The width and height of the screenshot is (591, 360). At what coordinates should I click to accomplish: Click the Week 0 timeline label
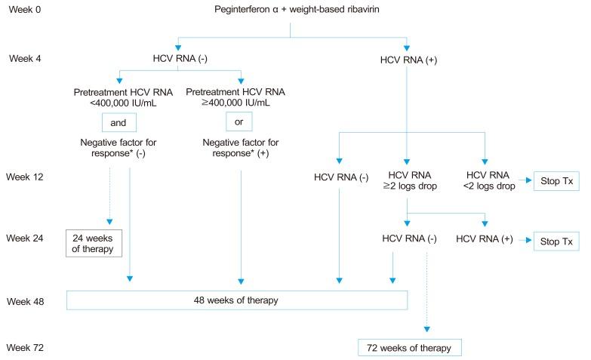point(23,11)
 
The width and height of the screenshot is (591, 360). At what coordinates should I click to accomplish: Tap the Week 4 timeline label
point(23,57)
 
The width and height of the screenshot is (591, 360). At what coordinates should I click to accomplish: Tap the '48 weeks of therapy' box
point(237,300)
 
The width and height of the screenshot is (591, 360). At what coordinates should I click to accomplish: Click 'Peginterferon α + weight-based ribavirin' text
point(291,11)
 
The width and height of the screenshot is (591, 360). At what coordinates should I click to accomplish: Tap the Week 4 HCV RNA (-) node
point(180,57)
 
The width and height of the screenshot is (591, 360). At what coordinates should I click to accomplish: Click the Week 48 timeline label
point(26,300)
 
